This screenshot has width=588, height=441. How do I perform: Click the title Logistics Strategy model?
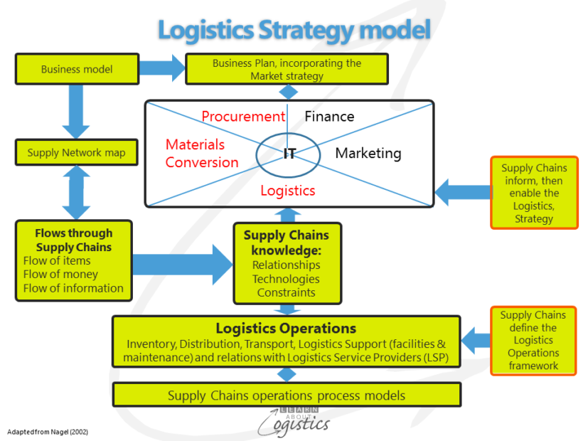pos(294,30)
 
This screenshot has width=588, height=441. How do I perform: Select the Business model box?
pos(76,69)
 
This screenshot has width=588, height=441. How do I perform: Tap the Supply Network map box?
pos(76,152)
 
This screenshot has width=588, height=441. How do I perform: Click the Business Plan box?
pos(287,69)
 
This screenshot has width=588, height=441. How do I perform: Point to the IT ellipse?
pos(289,154)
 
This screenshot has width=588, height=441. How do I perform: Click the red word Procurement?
pos(242,117)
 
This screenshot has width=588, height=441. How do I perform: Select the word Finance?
pos(329,117)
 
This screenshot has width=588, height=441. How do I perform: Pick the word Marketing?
pos(368,153)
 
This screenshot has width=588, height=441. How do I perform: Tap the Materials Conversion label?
pos(202,154)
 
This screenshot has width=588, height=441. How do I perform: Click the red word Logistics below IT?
pos(287,191)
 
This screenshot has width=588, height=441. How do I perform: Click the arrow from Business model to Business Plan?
pos(161,68)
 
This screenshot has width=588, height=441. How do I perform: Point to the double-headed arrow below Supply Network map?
pos(76,192)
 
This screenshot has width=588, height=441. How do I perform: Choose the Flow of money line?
pos(60,275)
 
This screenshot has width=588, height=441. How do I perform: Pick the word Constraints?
pos(286,293)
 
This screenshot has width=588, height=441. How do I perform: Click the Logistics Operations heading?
pos(286,329)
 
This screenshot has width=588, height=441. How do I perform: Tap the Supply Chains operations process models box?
pos(287,395)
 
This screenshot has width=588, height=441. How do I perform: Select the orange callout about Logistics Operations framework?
pos(533,341)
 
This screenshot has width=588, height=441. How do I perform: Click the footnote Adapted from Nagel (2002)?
pos(48,432)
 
